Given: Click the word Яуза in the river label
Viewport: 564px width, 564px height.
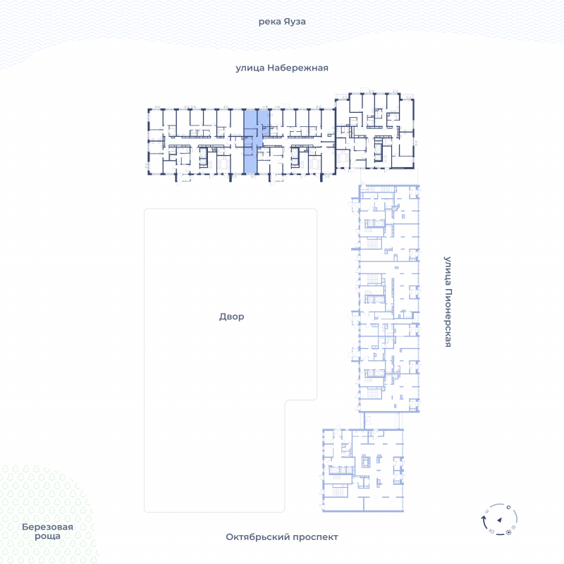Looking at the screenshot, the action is coord(294,22).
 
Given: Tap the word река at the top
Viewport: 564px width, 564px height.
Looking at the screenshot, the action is coord(269,22).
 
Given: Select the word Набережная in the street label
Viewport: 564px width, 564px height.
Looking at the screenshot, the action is coord(298,68).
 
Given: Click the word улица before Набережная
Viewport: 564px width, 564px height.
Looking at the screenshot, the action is coord(250,68).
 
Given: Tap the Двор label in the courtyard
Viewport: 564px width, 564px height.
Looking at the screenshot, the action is coord(232,317).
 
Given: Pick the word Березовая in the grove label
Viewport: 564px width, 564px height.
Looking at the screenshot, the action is coord(47,527).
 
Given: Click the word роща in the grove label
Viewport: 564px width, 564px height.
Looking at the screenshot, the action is coord(47,537).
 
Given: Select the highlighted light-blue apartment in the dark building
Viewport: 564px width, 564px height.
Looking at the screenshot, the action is coord(251,142).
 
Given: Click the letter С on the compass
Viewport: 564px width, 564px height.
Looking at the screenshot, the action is coord(508,508).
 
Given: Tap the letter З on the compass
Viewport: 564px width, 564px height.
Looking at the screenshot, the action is coord(487,511).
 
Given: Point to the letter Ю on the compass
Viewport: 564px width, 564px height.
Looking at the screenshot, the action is coord(492,532).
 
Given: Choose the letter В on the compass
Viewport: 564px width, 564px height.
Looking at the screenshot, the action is coord(514,527).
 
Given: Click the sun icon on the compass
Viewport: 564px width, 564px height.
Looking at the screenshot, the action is coord(508,532).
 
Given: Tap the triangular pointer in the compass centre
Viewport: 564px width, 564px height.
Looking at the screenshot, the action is coord(500,520).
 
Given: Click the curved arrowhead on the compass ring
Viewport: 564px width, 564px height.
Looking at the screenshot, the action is coord(484,518).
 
